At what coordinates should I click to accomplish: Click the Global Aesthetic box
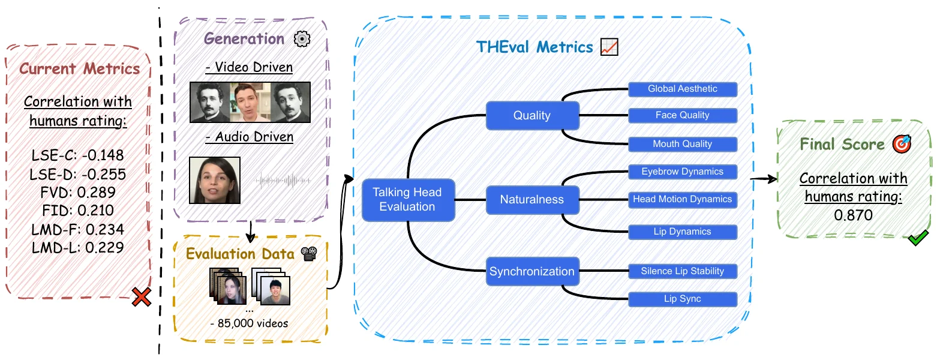(x=683, y=89)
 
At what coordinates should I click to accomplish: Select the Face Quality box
(x=683, y=116)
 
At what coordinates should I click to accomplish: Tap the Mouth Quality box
(x=683, y=144)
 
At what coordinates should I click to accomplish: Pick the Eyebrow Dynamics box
(x=683, y=172)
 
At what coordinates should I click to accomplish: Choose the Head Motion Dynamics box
(x=683, y=200)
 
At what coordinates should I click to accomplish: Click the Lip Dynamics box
(x=683, y=232)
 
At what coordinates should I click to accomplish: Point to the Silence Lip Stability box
(x=683, y=271)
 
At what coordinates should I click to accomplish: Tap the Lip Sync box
(x=683, y=299)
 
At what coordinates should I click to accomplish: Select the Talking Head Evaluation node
(x=409, y=200)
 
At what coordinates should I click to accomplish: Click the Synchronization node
(x=533, y=271)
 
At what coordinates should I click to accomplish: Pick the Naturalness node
(x=533, y=200)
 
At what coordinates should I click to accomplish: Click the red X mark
(x=142, y=297)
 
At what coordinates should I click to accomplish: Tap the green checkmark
(x=918, y=238)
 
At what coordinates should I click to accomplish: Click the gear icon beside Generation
(x=302, y=39)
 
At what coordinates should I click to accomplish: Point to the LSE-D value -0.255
(x=104, y=174)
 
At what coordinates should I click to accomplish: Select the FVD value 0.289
(x=97, y=192)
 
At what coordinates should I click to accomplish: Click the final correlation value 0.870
(x=854, y=215)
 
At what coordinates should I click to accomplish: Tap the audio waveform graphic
(x=283, y=181)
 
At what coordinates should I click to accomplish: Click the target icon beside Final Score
(x=902, y=144)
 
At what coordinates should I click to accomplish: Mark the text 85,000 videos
(x=253, y=323)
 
